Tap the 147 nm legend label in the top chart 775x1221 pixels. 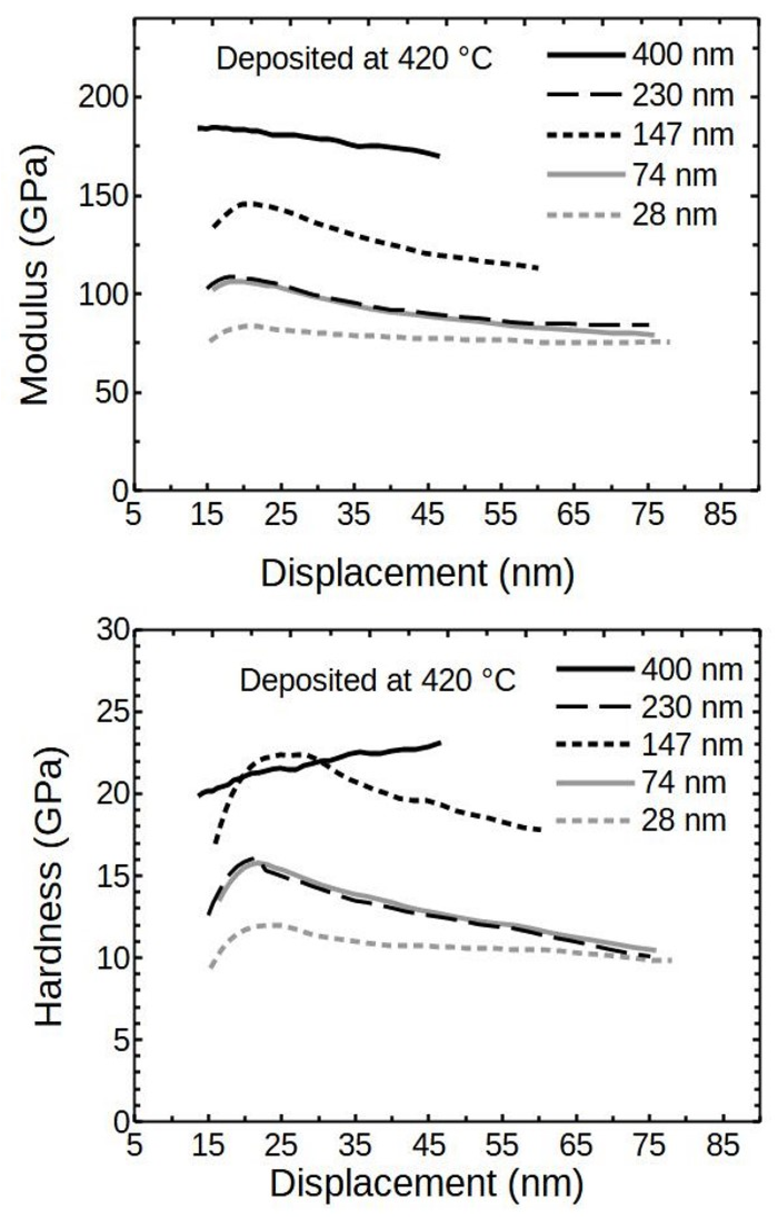coord(682,134)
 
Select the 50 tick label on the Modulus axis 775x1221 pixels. coord(111,392)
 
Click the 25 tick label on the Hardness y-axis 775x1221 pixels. coord(111,712)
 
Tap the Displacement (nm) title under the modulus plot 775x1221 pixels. coord(417,573)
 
